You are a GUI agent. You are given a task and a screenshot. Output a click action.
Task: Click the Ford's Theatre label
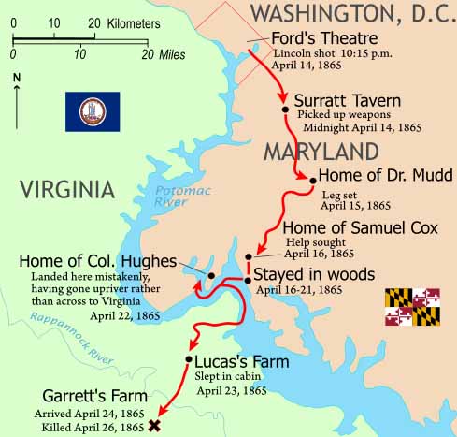tap(323, 39)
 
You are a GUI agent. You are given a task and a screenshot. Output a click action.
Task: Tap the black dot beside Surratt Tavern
tap(284, 109)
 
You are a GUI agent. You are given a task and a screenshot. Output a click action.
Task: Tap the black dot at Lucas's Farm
tap(190, 359)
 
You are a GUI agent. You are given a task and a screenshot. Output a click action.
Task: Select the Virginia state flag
tap(93, 111)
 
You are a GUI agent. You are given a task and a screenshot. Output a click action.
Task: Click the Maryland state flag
tap(413, 307)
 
